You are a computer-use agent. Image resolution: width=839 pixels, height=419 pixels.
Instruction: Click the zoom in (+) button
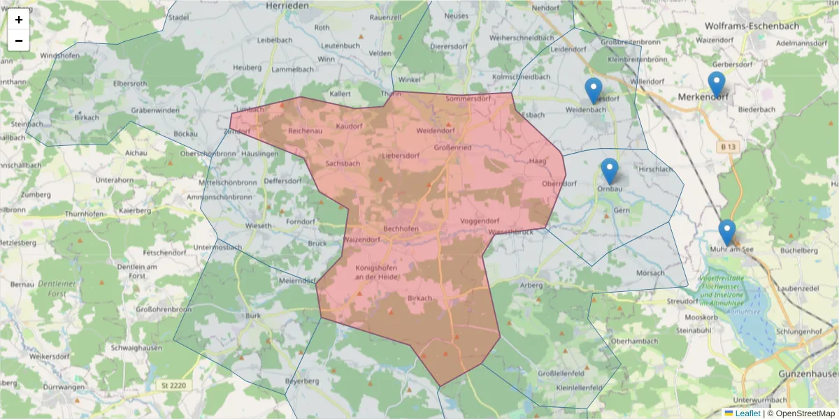19,20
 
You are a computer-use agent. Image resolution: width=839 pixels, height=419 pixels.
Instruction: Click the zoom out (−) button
19,41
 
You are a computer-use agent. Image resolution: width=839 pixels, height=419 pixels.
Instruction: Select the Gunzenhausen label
808,374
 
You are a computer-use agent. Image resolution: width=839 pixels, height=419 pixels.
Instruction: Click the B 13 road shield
728,147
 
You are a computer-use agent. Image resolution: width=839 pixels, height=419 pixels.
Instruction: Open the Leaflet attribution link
747,413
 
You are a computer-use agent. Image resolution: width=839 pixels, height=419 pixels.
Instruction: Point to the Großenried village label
453,147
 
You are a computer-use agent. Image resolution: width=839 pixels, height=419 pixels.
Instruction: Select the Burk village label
253,315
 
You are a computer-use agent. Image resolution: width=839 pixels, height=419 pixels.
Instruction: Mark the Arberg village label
531,285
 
